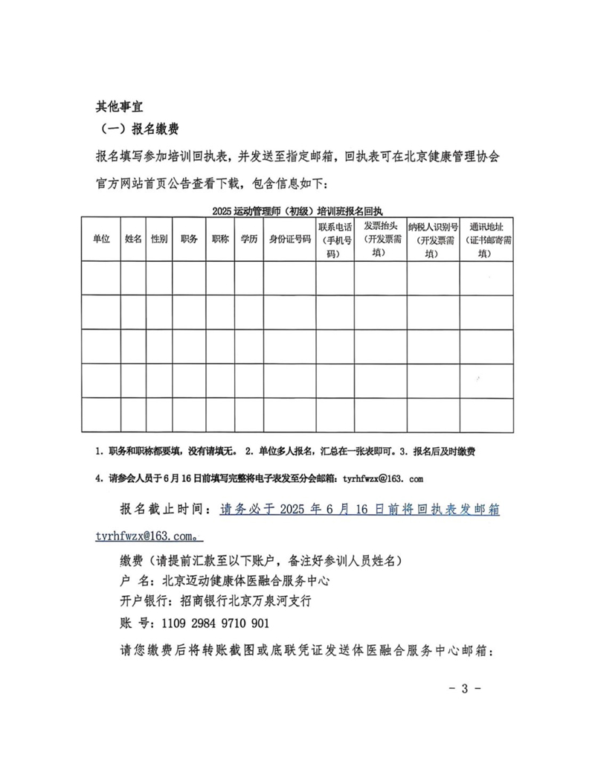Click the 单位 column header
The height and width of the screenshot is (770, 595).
coord(101,239)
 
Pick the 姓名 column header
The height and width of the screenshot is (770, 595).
coord(134,239)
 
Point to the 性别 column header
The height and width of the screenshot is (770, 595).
coord(159,239)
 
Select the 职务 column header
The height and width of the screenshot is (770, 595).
coord(189,239)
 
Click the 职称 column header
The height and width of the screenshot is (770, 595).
coord(219,239)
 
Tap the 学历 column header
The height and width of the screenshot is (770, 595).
coord(248,239)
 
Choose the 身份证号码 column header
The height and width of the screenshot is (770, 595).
coord(289,239)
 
